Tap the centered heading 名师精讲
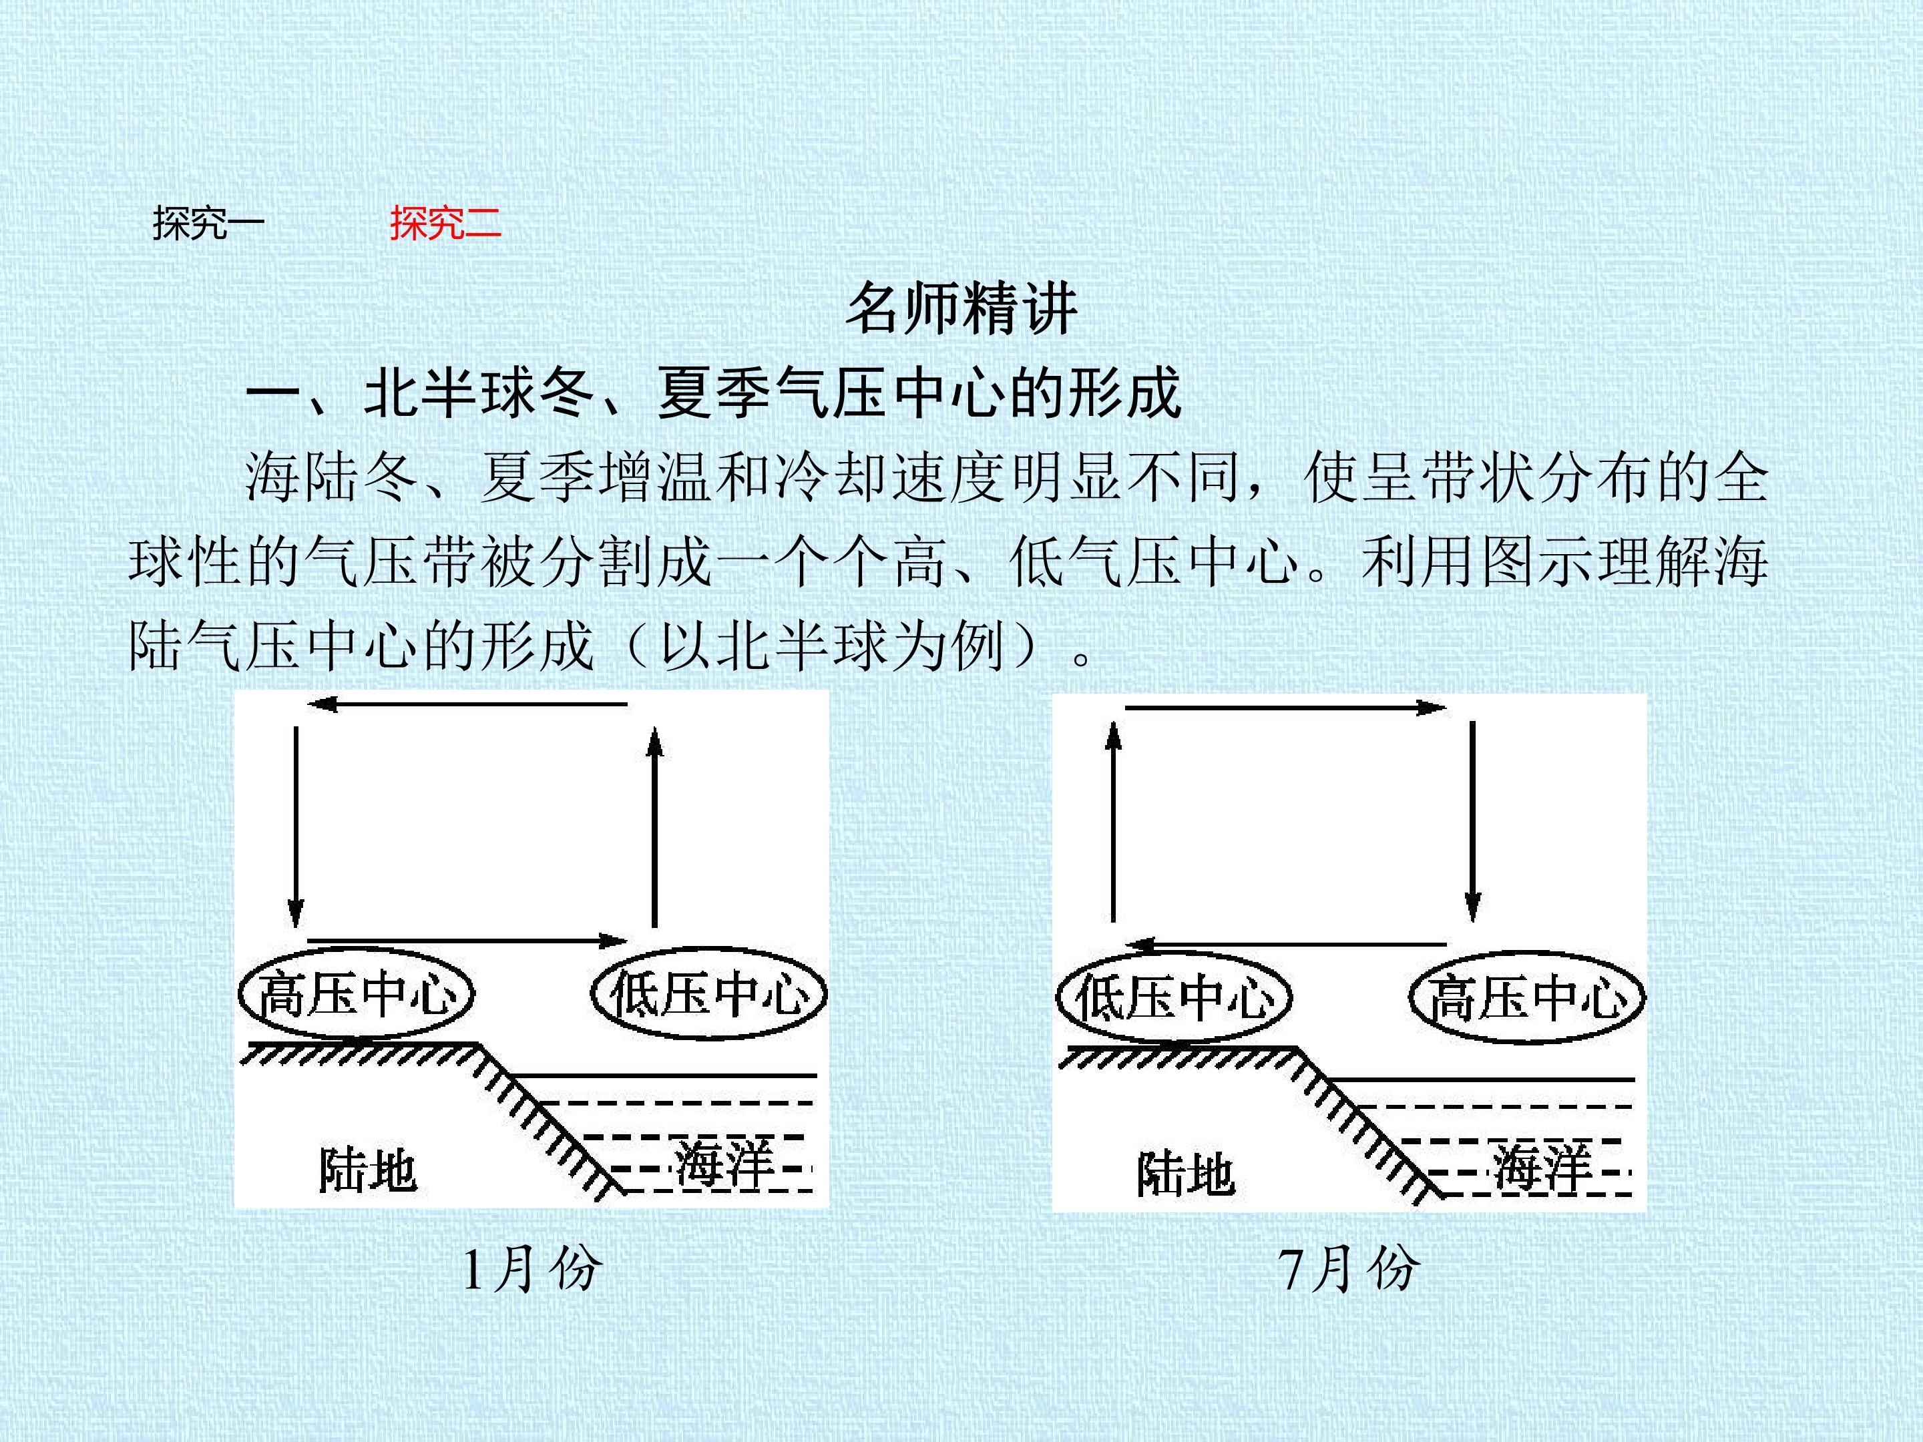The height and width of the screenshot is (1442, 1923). pyautogui.click(x=961, y=308)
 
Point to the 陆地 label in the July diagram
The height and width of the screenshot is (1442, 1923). pyautogui.click(x=1186, y=1174)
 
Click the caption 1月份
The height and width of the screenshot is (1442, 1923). pyautogui.click(x=531, y=1268)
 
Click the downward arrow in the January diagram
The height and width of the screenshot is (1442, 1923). pyautogui.click(x=296, y=826)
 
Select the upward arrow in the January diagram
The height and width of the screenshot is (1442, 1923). pyautogui.click(x=654, y=826)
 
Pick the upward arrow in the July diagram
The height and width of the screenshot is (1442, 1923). pyautogui.click(x=1114, y=821)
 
